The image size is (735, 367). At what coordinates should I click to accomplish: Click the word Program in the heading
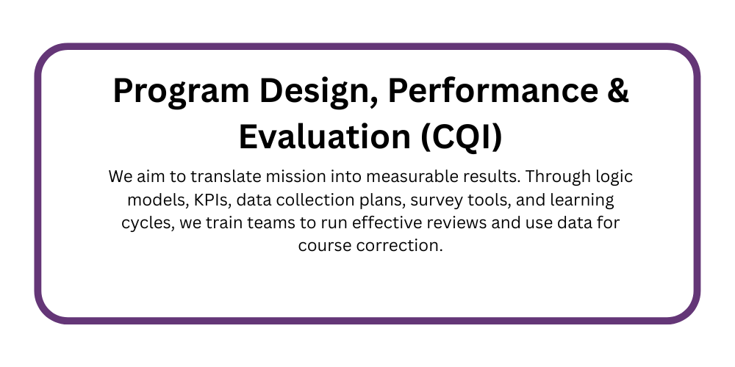click(182, 91)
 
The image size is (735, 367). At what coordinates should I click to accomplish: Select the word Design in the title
click(320, 91)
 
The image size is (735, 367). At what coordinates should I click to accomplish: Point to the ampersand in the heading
click(618, 90)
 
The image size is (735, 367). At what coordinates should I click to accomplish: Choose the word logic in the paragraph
click(614, 178)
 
